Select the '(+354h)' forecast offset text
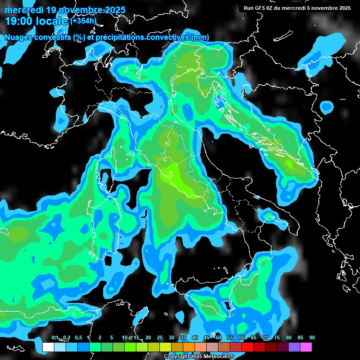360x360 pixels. pyautogui.click(x=83, y=21)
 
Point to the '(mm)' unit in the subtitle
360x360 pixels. pyautogui.click(x=200, y=37)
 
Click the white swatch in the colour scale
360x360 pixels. pyautogui.click(x=48, y=347)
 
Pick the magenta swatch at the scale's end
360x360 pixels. pyautogui.click(x=306, y=347)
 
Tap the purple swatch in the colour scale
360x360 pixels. pyautogui.click(x=294, y=347)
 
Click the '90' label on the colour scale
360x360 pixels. pyautogui.click(x=312, y=338)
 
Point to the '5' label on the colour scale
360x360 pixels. pyautogui.click(x=112, y=338)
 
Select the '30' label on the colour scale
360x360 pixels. pyautogui.click(x=172, y=338)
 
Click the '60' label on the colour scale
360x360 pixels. pyautogui.click(x=242, y=338)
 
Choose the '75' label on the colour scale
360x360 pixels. pyautogui.click(x=277, y=338)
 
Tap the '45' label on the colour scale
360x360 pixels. pyautogui.click(x=207, y=338)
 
